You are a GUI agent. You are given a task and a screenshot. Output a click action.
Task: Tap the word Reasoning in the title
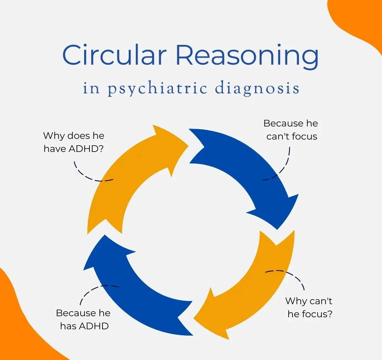click(247, 56)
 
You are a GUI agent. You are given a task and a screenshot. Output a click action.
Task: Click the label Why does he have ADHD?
click(74, 142)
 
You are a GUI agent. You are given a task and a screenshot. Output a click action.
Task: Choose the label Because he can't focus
click(291, 130)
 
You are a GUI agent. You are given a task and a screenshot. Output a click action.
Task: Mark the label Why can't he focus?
click(309, 307)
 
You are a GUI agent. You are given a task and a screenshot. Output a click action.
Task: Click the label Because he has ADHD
click(83, 319)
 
